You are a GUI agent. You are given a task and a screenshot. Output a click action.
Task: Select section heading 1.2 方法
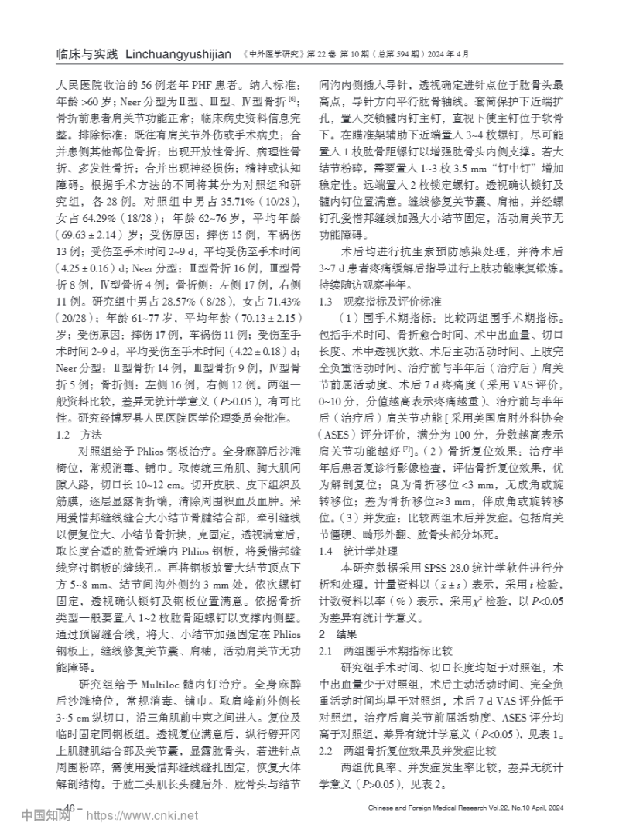point(80,435)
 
